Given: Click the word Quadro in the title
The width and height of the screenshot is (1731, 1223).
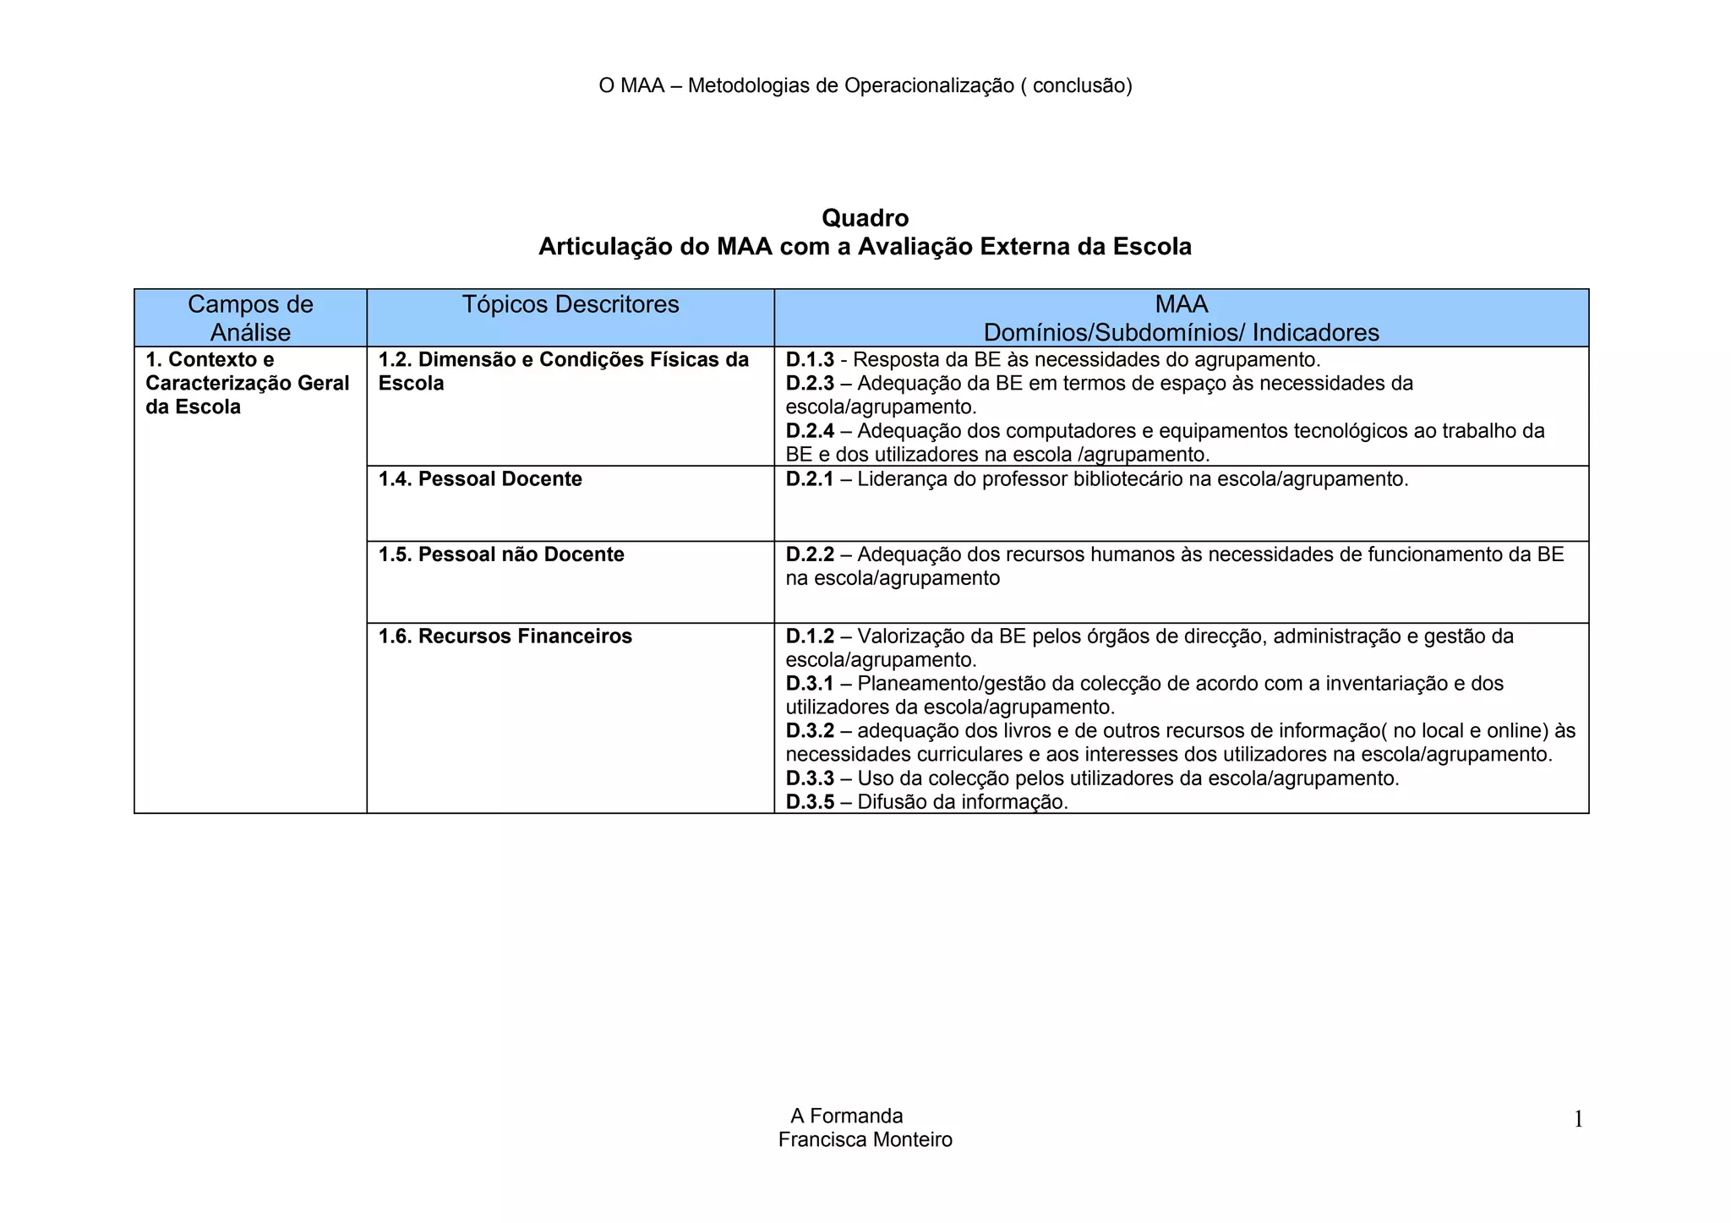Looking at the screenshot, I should (x=865, y=218).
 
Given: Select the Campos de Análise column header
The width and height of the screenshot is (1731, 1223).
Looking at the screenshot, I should (x=250, y=318).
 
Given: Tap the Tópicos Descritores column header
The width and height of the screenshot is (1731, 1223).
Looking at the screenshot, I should (x=571, y=304).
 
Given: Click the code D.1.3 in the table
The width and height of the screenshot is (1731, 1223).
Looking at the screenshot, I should (x=810, y=360).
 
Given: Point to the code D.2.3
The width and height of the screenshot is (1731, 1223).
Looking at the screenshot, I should (x=810, y=384).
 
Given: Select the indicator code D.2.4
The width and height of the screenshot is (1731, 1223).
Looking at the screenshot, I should (x=810, y=431).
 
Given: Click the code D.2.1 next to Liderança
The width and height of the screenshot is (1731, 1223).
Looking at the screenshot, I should (x=810, y=479).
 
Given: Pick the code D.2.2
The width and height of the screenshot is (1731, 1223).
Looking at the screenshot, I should (x=810, y=554).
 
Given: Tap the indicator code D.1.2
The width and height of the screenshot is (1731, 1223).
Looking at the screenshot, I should (x=810, y=636).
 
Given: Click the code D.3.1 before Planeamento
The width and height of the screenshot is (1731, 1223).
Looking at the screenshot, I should (x=810, y=683).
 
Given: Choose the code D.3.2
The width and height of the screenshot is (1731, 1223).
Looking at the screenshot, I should (x=810, y=730).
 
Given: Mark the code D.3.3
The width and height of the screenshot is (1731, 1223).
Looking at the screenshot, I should (x=810, y=778).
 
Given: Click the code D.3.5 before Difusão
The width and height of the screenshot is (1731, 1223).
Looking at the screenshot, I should (x=810, y=801).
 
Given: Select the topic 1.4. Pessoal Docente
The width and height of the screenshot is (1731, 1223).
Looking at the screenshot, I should (x=480, y=479).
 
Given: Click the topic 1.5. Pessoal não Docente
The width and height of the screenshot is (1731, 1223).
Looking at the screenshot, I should (x=501, y=554).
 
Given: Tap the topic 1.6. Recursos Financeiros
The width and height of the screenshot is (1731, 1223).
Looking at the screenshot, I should (x=505, y=636).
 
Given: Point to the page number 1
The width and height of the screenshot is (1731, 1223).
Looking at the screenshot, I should (x=1577, y=1120).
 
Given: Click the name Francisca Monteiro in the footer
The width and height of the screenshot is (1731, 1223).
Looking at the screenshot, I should (x=865, y=1139).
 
